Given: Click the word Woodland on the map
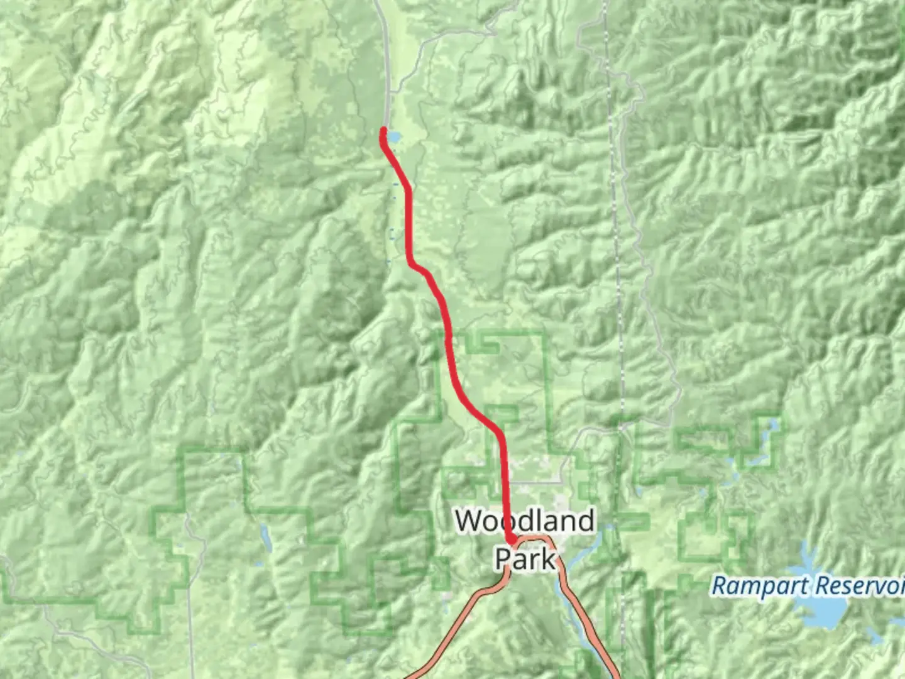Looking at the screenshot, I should [x=525, y=521].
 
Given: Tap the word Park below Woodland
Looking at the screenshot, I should [x=525, y=558].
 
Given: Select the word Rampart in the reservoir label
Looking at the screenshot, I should [x=754, y=586].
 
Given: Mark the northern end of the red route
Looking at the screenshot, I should [x=383, y=130].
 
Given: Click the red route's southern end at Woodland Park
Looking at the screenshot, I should [x=511, y=540].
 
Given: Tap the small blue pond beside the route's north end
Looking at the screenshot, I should [x=394, y=136].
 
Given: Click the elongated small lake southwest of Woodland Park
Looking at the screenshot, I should [x=266, y=538].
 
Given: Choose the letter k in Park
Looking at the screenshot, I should [x=549, y=558].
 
